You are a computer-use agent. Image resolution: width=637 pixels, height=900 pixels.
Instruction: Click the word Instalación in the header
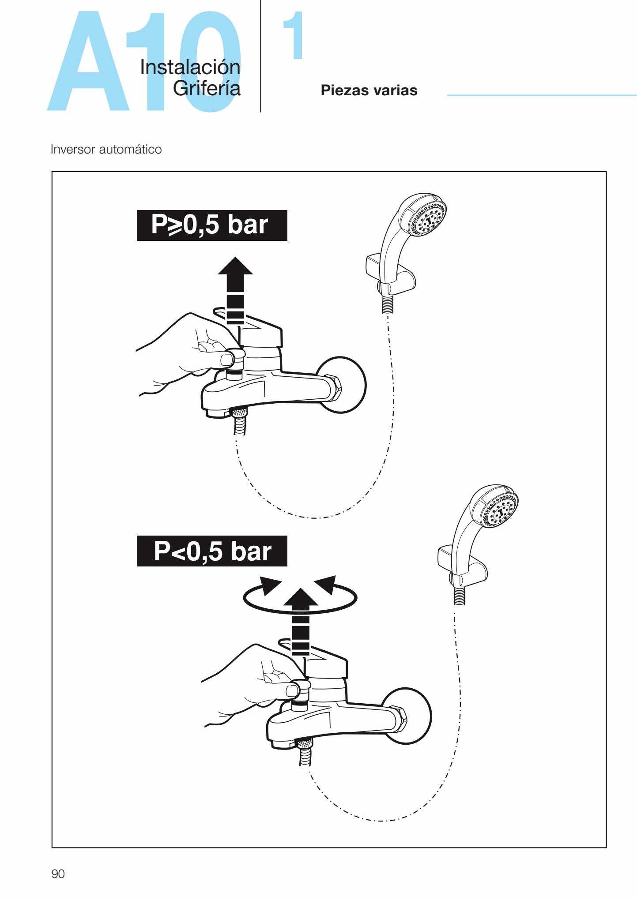click(190, 67)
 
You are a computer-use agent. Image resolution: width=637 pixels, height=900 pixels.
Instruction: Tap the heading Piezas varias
click(369, 90)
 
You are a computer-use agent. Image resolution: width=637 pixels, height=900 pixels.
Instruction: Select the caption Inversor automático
click(106, 150)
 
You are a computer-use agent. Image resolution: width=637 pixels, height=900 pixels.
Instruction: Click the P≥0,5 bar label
click(212, 225)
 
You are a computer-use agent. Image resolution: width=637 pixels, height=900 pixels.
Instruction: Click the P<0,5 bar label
click(212, 551)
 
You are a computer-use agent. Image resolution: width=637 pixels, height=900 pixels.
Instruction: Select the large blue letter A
click(88, 66)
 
